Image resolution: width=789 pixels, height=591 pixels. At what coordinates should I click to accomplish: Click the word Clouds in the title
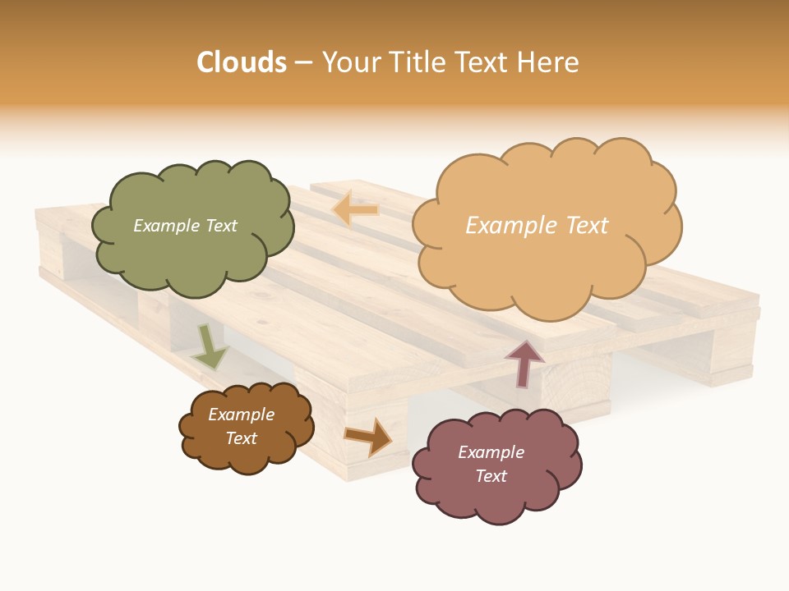(x=242, y=62)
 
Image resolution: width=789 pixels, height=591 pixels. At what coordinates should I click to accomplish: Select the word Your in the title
(x=350, y=62)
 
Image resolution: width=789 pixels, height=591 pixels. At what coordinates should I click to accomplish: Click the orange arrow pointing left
(x=355, y=210)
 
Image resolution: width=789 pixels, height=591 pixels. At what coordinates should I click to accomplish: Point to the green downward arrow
(x=210, y=347)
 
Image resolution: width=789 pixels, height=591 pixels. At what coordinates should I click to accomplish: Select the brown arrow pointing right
(x=369, y=436)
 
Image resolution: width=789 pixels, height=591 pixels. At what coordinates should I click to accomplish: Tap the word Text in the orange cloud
(x=585, y=226)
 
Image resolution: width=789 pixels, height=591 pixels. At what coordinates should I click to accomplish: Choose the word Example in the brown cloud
(x=241, y=415)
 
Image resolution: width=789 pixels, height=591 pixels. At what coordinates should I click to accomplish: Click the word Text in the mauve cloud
(x=491, y=476)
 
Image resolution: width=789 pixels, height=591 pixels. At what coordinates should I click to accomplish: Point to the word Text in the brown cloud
(x=241, y=438)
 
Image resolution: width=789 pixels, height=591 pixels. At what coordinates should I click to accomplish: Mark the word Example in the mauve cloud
(x=491, y=452)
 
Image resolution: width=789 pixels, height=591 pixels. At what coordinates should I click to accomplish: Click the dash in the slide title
(x=303, y=62)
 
